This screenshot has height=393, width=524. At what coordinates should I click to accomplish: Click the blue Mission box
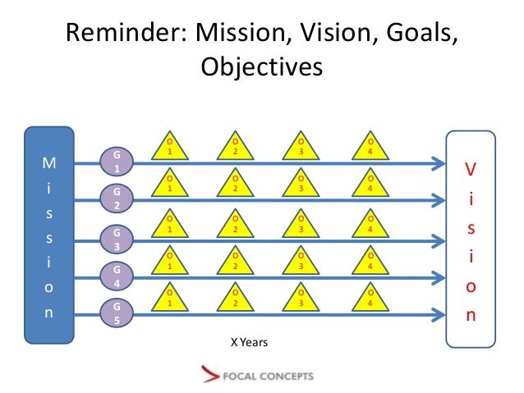click(49, 233)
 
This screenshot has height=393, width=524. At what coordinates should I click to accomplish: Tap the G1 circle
click(116, 161)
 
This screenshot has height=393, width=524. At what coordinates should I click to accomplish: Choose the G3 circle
click(116, 240)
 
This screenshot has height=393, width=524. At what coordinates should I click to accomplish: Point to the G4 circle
click(116, 275)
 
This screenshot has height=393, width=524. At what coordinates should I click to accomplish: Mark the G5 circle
click(116, 313)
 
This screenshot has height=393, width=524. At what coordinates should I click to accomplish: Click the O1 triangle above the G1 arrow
click(169, 149)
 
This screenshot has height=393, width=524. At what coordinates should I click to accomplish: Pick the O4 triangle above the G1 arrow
click(370, 149)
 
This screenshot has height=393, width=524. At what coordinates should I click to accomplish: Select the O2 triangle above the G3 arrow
click(235, 225)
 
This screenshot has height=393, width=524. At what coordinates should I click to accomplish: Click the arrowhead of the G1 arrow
click(437, 163)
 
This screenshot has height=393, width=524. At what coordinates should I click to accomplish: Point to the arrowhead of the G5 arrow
click(437, 313)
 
